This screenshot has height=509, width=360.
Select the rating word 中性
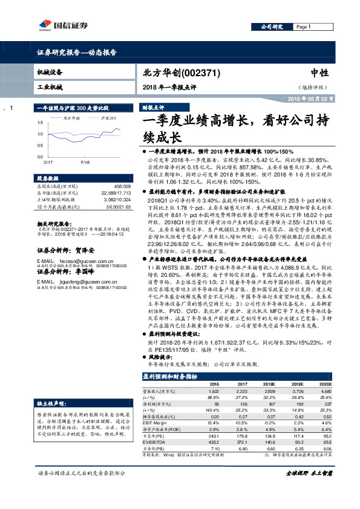(x=319, y=71)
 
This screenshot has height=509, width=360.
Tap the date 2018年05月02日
(x=310, y=98)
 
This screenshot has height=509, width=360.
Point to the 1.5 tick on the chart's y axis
(x=40, y=123)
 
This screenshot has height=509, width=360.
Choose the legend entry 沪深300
(x=108, y=118)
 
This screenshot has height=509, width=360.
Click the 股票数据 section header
(x=49, y=179)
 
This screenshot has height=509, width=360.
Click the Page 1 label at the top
(x=303, y=27)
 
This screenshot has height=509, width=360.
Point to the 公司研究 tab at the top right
(x=272, y=27)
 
